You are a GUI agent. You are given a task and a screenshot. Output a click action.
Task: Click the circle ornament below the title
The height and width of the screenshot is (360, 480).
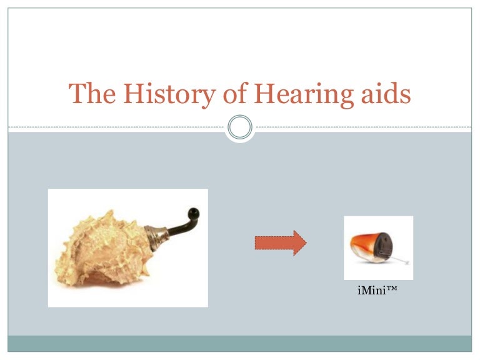point(240,127)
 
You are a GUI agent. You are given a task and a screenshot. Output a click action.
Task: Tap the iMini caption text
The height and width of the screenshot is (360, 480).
point(374,291)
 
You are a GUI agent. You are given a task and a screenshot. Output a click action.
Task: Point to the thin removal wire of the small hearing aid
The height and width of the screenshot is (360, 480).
point(403,259)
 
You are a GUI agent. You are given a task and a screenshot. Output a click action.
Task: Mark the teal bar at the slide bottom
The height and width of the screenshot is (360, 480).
point(240,343)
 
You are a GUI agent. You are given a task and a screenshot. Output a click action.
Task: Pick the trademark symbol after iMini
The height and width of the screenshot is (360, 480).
point(391,290)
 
